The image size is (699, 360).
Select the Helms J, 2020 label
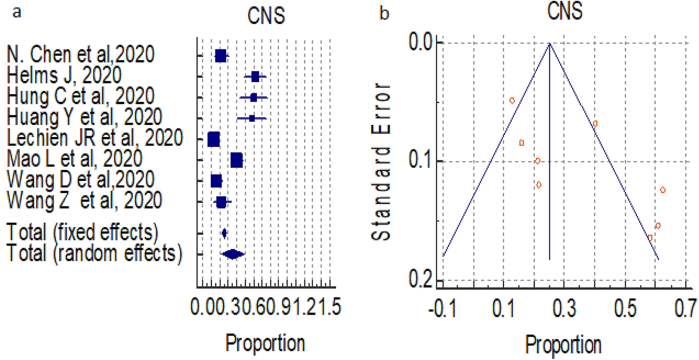(x=64, y=76)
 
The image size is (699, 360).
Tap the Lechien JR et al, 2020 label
(x=95, y=138)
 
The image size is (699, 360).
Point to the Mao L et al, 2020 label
(x=74, y=159)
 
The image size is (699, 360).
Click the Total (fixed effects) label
(x=82, y=232)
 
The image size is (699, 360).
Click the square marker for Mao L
(x=236, y=160)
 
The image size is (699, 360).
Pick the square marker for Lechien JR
(x=214, y=139)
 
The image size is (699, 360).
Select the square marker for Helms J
(x=255, y=76)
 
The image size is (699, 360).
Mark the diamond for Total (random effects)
(x=233, y=254)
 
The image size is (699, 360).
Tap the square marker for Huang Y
(x=252, y=118)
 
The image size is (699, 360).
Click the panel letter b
(x=384, y=14)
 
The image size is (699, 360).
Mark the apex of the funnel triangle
(x=550, y=43)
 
